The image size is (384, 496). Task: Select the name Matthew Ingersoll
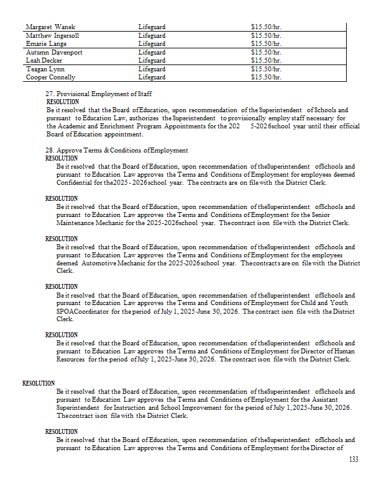click(x=53, y=36)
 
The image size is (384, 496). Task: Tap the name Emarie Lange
click(x=47, y=44)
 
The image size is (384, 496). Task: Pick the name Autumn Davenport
click(x=54, y=53)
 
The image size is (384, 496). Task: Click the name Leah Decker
click(x=44, y=61)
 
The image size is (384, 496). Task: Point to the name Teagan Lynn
click(x=46, y=69)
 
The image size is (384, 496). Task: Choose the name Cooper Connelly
click(x=51, y=77)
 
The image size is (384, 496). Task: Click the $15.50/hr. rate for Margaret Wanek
click(x=267, y=27)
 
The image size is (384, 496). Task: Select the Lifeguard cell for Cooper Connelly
click(x=152, y=77)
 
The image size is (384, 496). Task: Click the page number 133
click(x=354, y=459)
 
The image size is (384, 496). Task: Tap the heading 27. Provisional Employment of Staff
click(x=99, y=94)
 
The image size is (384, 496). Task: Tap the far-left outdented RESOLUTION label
click(x=39, y=383)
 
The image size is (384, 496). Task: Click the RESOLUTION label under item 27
click(x=63, y=102)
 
